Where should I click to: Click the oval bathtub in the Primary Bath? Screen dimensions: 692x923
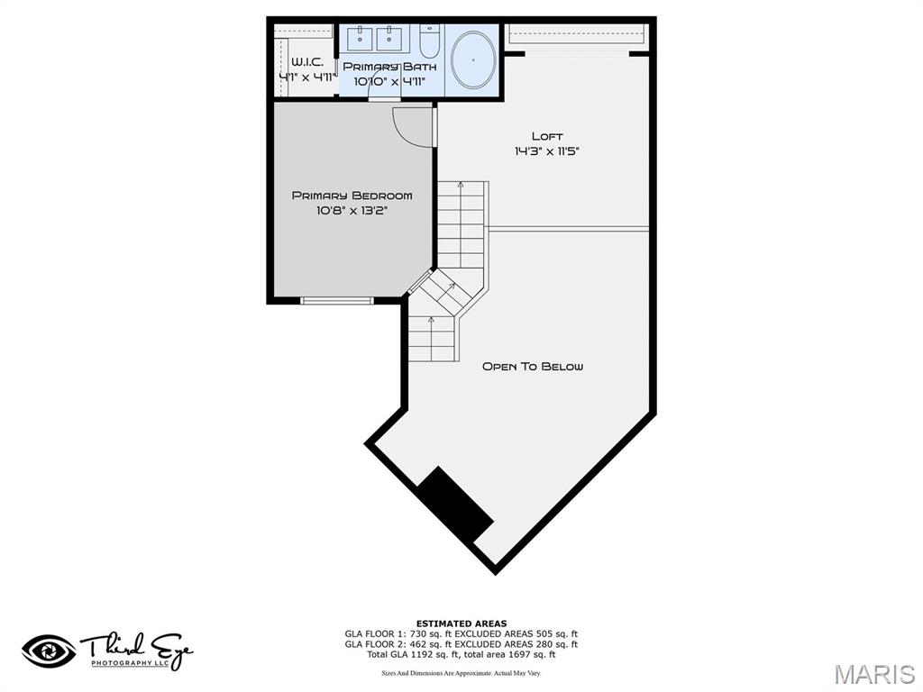(473, 59)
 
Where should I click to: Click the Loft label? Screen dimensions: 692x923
(546, 136)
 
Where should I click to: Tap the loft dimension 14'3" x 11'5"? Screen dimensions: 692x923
(546, 151)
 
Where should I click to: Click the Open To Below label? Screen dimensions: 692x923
(533, 367)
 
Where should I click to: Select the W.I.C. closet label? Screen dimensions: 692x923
(306, 62)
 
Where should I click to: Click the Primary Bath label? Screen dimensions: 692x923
(389, 67)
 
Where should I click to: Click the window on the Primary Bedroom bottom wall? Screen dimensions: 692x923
(336, 301)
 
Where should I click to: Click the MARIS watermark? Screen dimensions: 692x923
(874, 674)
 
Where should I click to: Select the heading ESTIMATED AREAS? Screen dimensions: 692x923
(461, 624)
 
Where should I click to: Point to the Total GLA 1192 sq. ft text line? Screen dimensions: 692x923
(461, 654)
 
